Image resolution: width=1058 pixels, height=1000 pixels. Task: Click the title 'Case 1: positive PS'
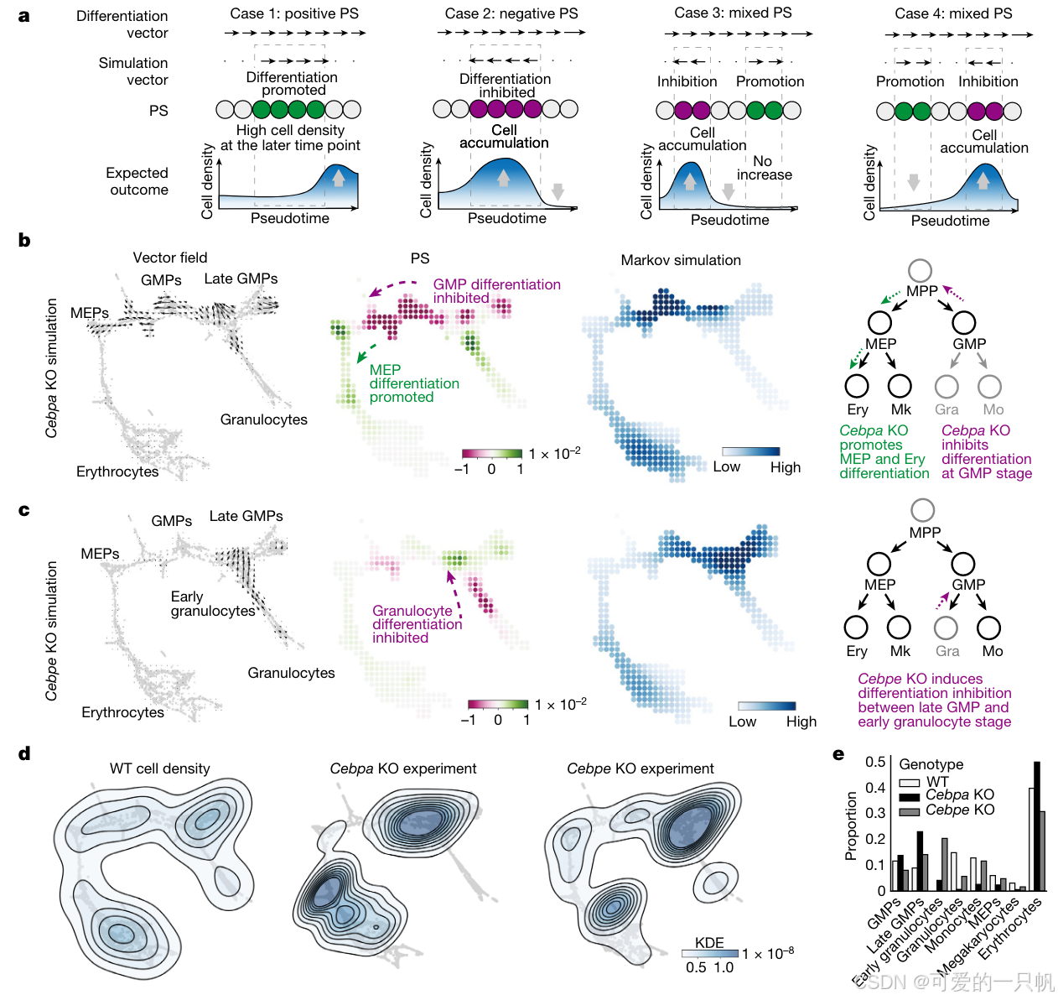pyautogui.click(x=294, y=13)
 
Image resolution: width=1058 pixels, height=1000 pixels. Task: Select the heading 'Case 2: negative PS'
pyautogui.click(x=511, y=13)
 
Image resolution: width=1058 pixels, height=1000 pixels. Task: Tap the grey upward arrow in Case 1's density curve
pyautogui.click(x=338, y=177)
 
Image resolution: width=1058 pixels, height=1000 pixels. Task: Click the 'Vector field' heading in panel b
pyautogui.click(x=169, y=258)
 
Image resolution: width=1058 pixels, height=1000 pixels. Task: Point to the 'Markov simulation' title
pyautogui.click(x=681, y=260)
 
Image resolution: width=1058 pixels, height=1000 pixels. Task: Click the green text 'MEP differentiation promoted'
pyautogui.click(x=413, y=383)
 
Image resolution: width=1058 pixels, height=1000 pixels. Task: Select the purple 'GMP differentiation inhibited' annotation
pyautogui.click(x=496, y=291)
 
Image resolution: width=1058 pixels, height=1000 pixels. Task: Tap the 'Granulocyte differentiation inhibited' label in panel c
pyautogui.click(x=417, y=624)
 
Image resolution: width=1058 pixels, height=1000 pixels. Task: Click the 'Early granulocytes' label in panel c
pyautogui.click(x=212, y=603)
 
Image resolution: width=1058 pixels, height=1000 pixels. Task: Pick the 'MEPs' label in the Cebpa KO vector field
pyautogui.click(x=90, y=313)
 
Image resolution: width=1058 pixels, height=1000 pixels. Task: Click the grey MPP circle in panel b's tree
pyautogui.click(x=920, y=270)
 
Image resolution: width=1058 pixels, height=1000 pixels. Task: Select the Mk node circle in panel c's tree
pyautogui.click(x=899, y=627)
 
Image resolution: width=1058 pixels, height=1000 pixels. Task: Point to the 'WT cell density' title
pyautogui.click(x=159, y=768)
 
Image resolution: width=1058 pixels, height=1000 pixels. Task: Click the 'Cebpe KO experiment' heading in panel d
pyautogui.click(x=640, y=768)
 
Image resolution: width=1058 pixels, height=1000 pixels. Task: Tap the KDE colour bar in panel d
pyautogui.click(x=709, y=954)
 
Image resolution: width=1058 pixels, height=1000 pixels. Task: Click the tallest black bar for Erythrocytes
pyautogui.click(x=1037, y=826)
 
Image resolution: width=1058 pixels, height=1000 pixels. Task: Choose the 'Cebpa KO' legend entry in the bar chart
pyautogui.click(x=959, y=794)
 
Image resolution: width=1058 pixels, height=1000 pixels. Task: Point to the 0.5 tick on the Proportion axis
pyautogui.click(x=875, y=762)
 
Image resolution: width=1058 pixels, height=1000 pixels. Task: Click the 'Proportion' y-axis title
pyautogui.click(x=851, y=826)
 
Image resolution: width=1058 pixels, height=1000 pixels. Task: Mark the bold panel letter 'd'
pyautogui.click(x=24, y=753)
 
